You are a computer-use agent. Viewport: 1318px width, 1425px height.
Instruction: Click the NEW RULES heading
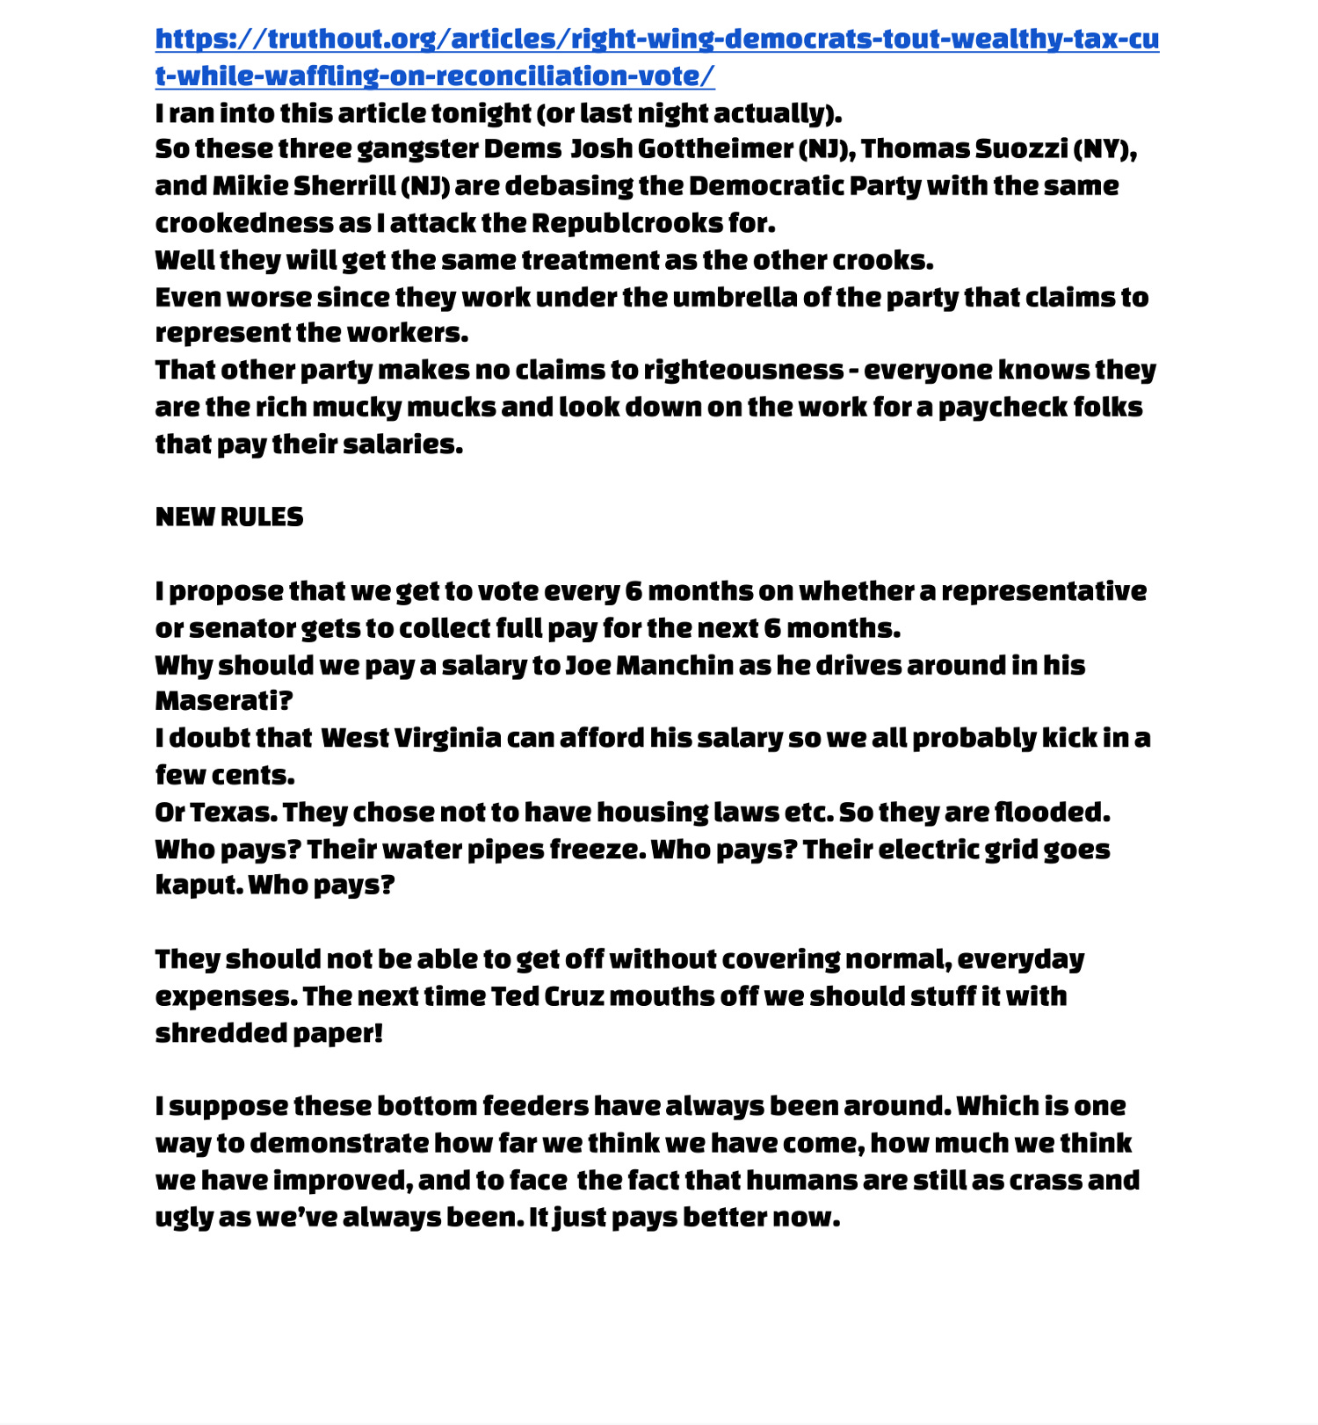[229, 517]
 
